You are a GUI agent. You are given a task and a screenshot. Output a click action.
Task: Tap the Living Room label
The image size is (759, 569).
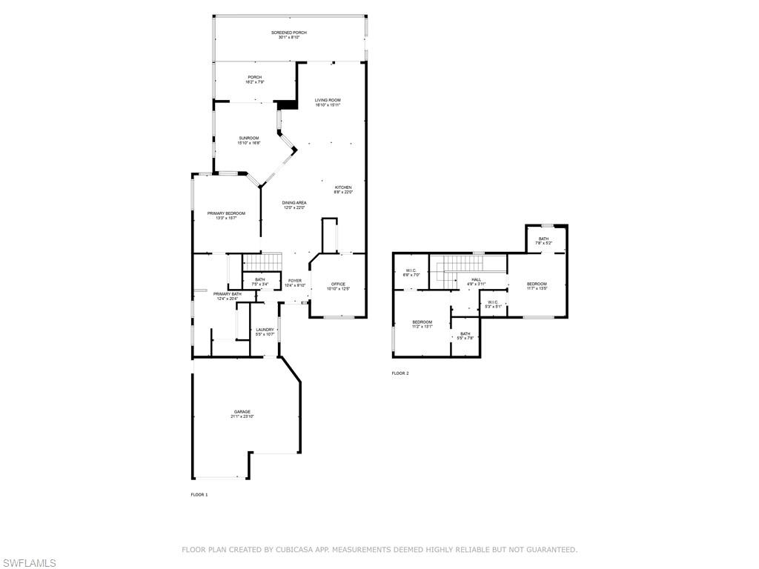[x=328, y=100]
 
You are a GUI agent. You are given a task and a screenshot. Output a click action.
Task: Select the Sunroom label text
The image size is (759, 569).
[x=248, y=138]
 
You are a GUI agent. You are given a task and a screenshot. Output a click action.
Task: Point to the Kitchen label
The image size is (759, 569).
[x=343, y=187]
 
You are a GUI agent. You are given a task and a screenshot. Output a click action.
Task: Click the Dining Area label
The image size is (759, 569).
[x=294, y=202]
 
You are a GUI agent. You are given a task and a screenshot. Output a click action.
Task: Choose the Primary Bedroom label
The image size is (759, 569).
[x=226, y=213]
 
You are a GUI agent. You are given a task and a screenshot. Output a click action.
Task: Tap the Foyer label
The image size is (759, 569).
[x=295, y=281]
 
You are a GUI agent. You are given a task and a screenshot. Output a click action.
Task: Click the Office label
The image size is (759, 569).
[x=338, y=284]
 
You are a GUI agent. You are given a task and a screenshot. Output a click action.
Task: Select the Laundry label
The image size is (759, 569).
[x=265, y=330]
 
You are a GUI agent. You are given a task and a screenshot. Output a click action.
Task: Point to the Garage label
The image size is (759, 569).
[x=242, y=412]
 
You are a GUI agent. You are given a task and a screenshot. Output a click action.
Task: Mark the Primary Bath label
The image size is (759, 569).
[x=228, y=294]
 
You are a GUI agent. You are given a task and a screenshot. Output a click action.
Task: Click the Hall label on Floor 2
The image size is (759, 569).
[x=476, y=279]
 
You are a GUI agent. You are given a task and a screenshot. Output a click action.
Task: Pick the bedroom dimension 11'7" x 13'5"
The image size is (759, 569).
[x=537, y=289]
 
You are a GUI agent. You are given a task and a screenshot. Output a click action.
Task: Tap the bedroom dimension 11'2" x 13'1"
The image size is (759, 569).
[x=422, y=327]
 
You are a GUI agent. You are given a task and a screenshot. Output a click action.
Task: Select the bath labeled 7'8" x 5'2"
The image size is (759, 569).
[x=544, y=241]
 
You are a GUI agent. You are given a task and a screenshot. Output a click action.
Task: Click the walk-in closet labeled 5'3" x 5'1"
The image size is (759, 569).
[x=493, y=304]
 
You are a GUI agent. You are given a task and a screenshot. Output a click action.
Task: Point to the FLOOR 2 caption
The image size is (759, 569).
[x=400, y=373]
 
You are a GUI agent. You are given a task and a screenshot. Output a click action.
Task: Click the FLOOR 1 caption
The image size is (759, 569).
[x=199, y=494]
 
